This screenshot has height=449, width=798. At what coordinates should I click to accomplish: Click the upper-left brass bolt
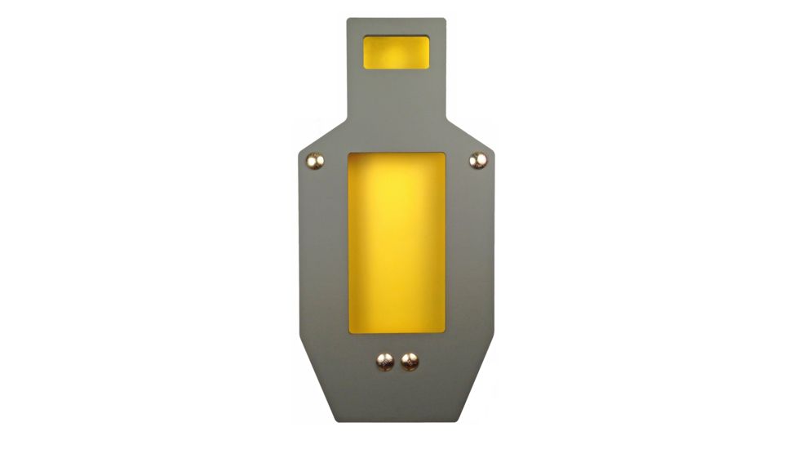pyautogui.click(x=315, y=162)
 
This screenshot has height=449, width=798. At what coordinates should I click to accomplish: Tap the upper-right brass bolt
pyautogui.click(x=478, y=161)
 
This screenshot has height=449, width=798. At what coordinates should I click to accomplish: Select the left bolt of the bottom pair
pyautogui.click(x=384, y=360)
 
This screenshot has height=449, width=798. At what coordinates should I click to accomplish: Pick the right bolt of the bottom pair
pyautogui.click(x=410, y=360)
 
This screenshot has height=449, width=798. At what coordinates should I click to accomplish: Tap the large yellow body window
pyautogui.click(x=397, y=242)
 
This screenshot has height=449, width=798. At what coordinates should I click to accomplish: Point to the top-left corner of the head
pyautogui.click(x=348, y=20)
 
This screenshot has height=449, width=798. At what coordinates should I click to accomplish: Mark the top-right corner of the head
pyautogui.click(x=446, y=20)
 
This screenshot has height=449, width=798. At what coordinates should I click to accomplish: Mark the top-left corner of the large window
pyautogui.click(x=349, y=153)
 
